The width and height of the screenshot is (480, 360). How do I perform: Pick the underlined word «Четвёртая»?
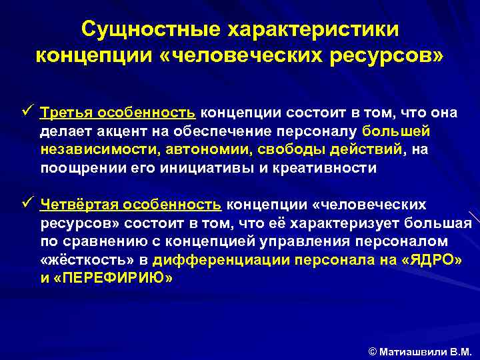75,203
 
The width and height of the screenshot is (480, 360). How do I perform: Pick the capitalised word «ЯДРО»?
431,260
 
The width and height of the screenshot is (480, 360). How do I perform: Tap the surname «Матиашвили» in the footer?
409,351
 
